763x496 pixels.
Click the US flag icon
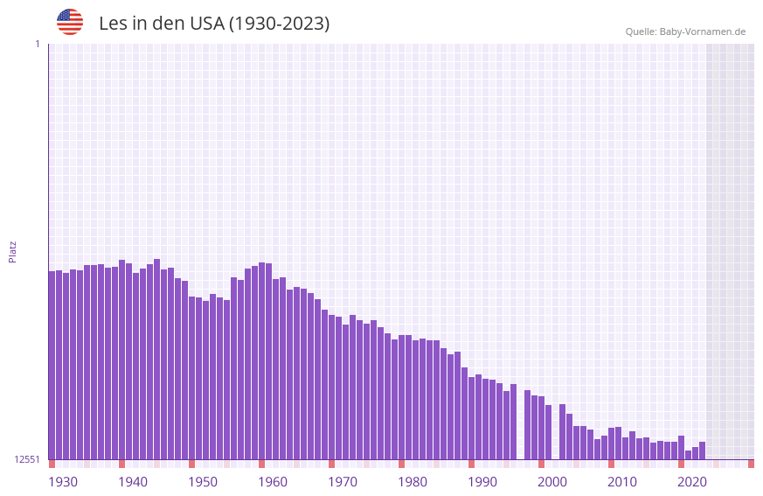click(70, 22)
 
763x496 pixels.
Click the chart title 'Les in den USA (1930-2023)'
click(214, 24)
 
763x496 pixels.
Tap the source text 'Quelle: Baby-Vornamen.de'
click(685, 31)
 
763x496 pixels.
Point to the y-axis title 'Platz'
click(12, 251)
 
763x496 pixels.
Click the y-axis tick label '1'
click(38, 44)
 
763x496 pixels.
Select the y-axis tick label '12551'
click(28, 459)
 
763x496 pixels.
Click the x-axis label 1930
click(63, 482)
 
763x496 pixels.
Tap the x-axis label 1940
click(133, 482)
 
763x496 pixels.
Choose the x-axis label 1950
click(203, 482)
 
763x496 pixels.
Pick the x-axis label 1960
click(273, 482)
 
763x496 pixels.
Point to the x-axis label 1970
click(343, 482)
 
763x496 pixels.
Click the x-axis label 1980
click(413, 482)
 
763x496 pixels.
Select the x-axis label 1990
click(482, 482)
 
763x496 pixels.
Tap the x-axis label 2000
click(552, 482)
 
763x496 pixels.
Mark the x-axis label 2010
click(622, 482)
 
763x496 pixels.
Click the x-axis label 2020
click(692, 482)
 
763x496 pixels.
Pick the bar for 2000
click(542, 428)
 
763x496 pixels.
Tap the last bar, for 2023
click(702, 451)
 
